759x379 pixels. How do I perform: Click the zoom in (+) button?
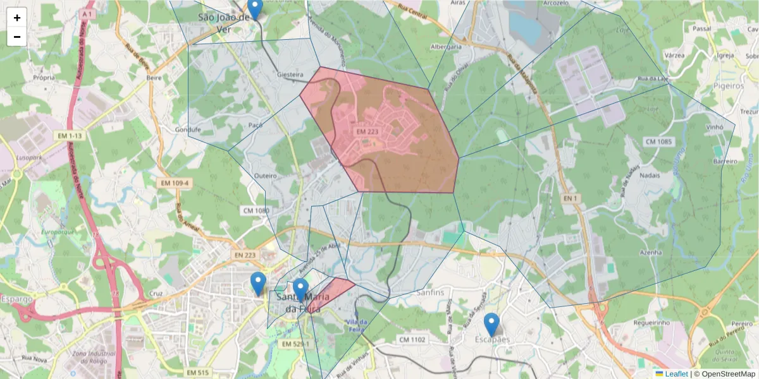click(x=17, y=18)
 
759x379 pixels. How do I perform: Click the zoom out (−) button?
click(x=17, y=37)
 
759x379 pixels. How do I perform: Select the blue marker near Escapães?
click(x=491, y=325)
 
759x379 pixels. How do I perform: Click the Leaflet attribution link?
click(x=676, y=374)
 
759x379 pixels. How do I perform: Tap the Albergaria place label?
click(x=445, y=47)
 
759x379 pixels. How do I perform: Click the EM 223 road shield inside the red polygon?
click(x=367, y=131)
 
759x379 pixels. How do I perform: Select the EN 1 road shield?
click(x=571, y=198)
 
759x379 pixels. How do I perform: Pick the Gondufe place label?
click(x=187, y=129)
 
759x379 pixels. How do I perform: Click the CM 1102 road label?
click(x=412, y=340)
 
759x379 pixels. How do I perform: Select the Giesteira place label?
click(x=292, y=75)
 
